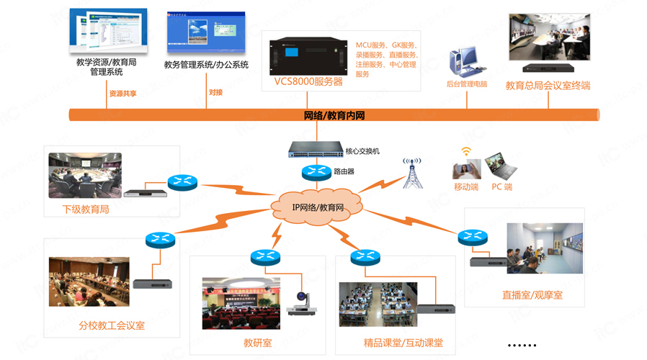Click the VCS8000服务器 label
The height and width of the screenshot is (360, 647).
tap(308, 81)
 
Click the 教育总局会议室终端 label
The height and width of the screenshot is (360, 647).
tap(548, 86)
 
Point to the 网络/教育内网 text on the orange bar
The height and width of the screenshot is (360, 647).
tap(334, 114)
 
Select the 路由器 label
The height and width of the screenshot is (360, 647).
tap(344, 171)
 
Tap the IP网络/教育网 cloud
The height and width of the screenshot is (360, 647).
tap(318, 207)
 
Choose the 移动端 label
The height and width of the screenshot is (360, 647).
tap(466, 187)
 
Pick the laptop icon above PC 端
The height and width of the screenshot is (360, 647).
tap(501, 166)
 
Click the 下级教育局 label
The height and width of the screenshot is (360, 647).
tap(86, 210)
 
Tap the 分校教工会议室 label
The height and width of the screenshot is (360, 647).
tap(112, 325)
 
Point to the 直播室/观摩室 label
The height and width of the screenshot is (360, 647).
tap(532, 295)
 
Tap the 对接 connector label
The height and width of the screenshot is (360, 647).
tap(215, 93)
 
